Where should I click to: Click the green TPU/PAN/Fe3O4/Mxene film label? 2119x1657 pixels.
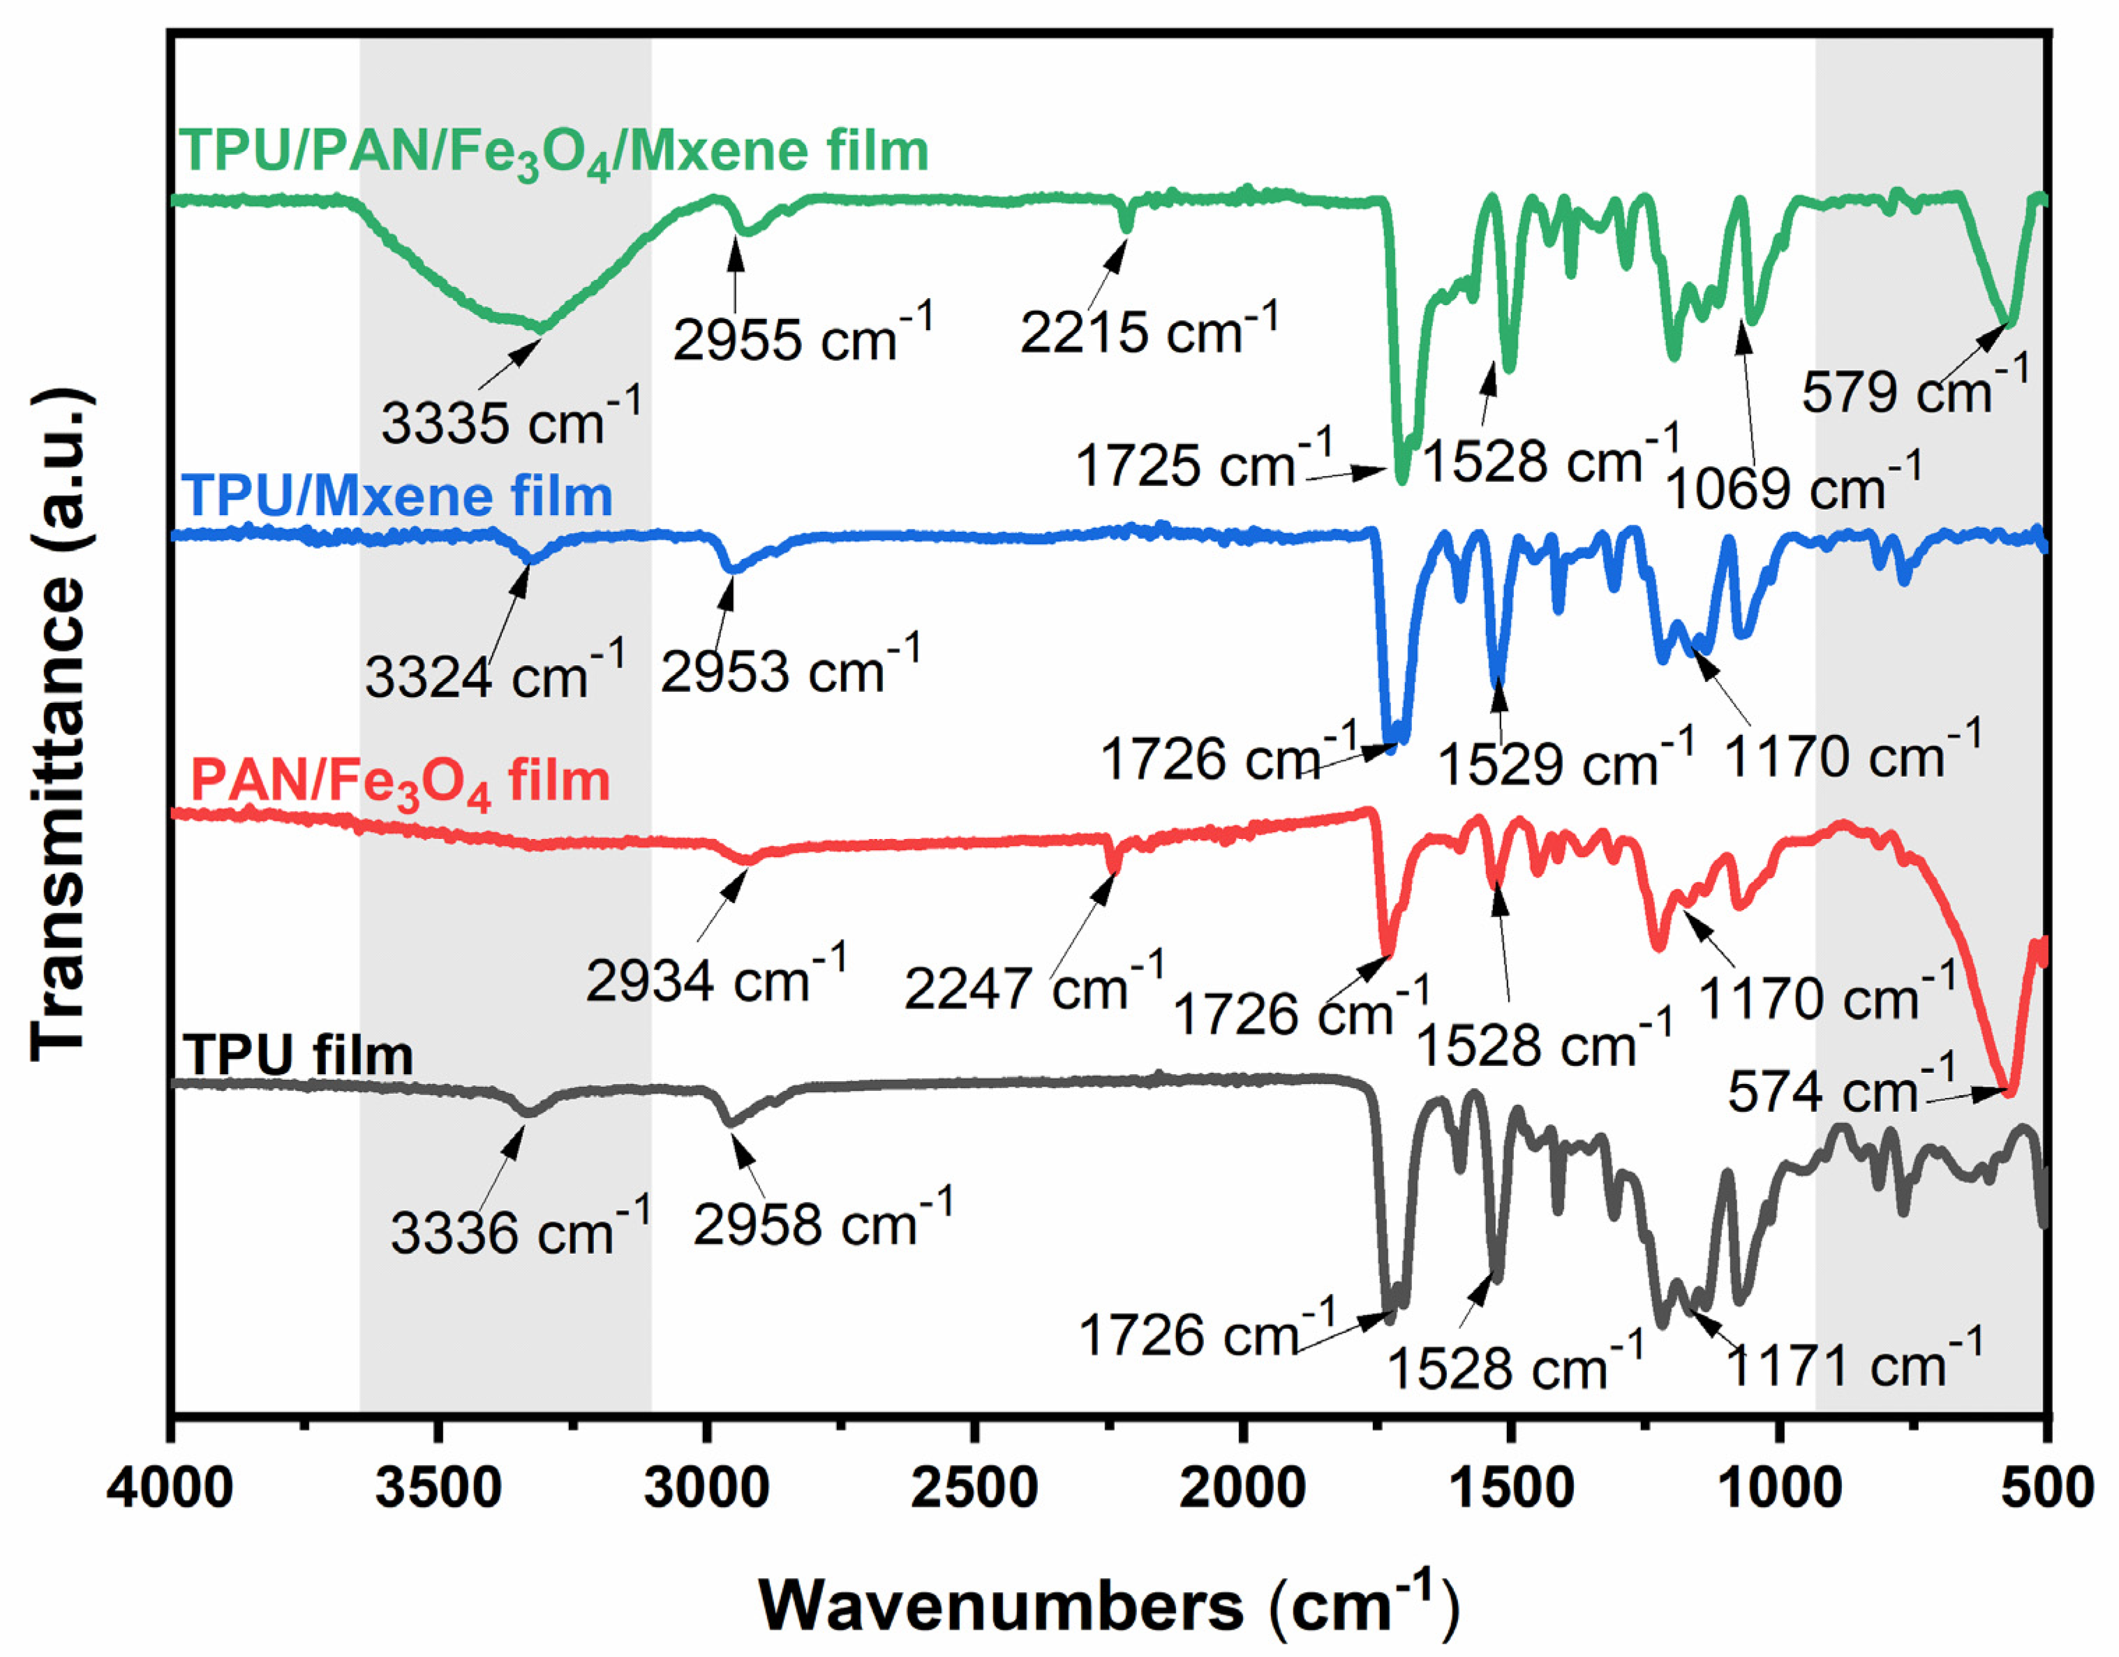click(553, 154)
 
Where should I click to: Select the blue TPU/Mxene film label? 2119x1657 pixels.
click(398, 497)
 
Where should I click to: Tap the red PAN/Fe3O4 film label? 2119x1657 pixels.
click(400, 782)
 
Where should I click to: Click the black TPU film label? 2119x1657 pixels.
click(299, 1055)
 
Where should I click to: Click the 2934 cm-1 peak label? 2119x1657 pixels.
click(716, 978)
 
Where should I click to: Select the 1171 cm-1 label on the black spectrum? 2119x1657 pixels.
click(1853, 1363)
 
